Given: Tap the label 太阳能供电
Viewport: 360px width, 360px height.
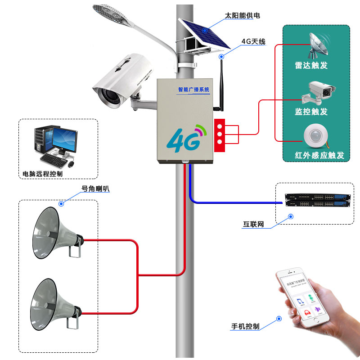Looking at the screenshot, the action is click(x=243, y=16).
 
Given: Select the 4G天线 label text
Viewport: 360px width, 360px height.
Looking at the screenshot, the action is click(x=253, y=42).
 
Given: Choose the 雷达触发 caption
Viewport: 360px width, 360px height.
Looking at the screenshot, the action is click(x=311, y=65).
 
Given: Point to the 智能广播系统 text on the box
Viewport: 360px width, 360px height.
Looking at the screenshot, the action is click(x=193, y=90).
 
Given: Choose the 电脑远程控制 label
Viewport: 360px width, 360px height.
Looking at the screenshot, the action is click(x=43, y=174).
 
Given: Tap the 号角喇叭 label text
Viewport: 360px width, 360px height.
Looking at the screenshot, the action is click(x=95, y=189).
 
